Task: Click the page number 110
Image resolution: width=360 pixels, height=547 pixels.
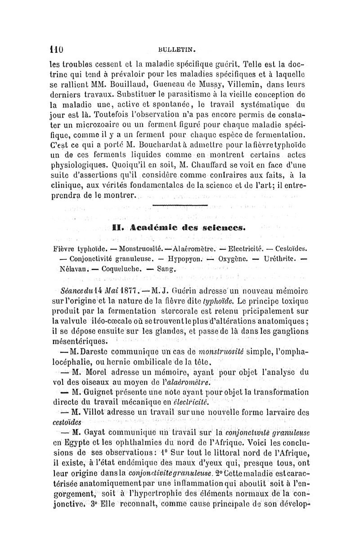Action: click(56, 45)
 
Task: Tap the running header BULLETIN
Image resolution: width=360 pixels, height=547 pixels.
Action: click(180, 46)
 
